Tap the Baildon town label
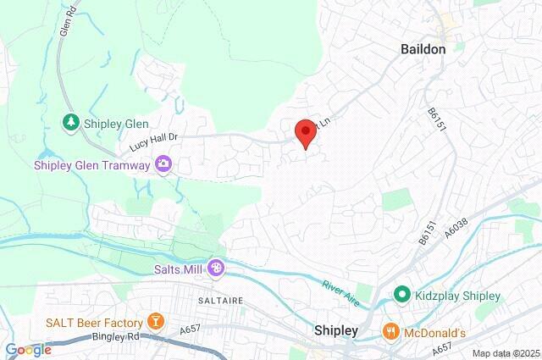(x=423, y=50)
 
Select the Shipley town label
(x=335, y=330)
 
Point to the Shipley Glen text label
(x=113, y=124)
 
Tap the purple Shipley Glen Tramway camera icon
(x=164, y=164)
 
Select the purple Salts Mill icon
(x=217, y=268)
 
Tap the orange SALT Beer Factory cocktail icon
(x=155, y=321)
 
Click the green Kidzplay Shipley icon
(x=403, y=296)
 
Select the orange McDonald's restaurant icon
(x=391, y=330)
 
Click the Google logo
(x=28, y=349)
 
